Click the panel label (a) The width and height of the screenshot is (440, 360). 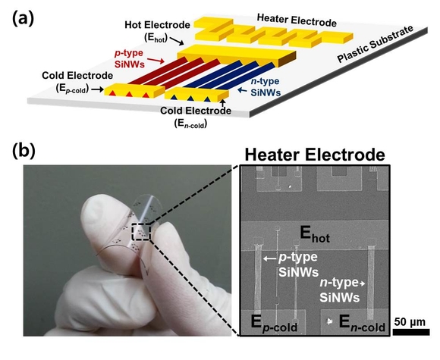click(23, 20)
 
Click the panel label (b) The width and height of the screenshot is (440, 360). click(24, 151)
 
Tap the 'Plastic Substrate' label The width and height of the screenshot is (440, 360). click(376, 44)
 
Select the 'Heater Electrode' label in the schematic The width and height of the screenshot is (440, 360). click(297, 20)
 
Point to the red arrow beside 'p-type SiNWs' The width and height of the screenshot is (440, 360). click(156, 61)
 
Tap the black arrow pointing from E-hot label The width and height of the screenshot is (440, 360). click(177, 41)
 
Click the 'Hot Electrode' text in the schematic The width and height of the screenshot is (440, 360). click(158, 25)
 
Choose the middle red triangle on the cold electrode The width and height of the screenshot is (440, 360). click(129, 94)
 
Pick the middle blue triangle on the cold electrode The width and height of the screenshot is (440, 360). click(190, 98)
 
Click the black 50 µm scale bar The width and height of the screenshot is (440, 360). click(411, 332)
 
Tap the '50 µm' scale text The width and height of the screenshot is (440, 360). click(410, 322)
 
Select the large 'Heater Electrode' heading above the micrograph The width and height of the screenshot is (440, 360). click(315, 155)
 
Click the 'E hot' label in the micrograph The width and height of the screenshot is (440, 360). click(315, 235)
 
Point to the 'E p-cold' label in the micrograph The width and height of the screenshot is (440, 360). click(274, 324)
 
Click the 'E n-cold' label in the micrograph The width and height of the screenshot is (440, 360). click(362, 324)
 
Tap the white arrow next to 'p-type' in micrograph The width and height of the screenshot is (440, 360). click(269, 258)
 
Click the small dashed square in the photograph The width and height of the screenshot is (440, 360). click(142, 232)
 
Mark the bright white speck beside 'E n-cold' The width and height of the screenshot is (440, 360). click(329, 321)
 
